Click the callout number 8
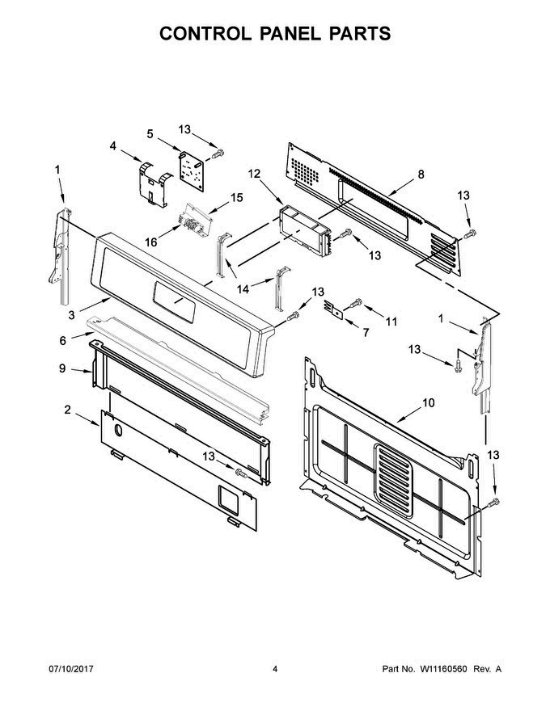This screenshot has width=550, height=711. [x=421, y=174]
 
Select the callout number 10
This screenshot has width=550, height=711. [x=428, y=402]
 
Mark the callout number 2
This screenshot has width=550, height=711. [x=67, y=410]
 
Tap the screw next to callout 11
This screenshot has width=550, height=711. [x=357, y=305]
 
